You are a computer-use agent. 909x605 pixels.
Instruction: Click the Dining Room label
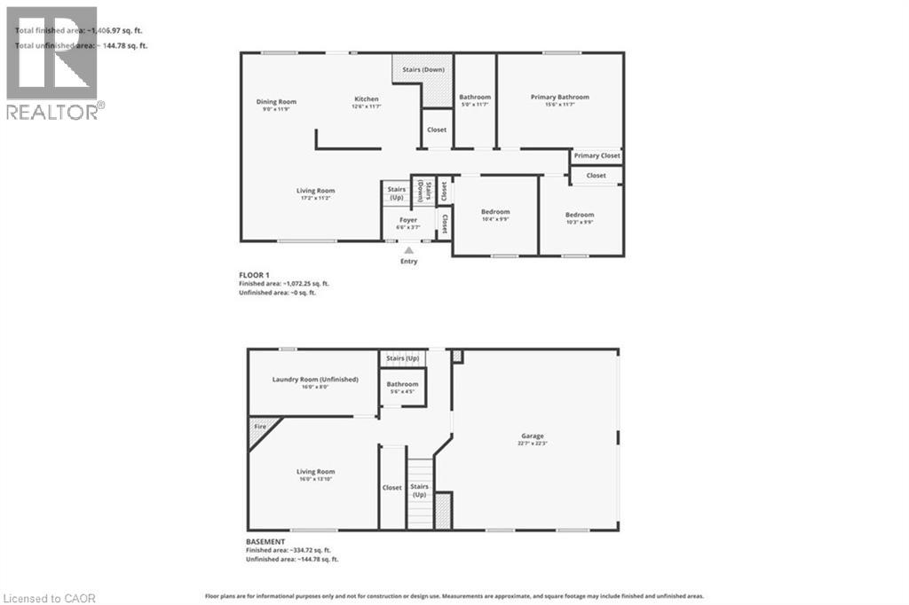[x=276, y=102]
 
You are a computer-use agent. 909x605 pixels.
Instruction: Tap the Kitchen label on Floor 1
[x=367, y=99]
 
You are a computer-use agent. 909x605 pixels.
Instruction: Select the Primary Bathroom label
[x=559, y=97]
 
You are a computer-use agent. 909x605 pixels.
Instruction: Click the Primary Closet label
[x=597, y=156]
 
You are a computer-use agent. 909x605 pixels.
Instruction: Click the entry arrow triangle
[x=409, y=250]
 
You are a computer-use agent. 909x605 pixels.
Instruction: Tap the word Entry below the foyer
[x=409, y=262]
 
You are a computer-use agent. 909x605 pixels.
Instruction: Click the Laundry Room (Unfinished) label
[x=315, y=379]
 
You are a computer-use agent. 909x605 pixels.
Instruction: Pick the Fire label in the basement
[x=260, y=427]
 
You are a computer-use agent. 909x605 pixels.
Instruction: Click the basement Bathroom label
[x=402, y=384]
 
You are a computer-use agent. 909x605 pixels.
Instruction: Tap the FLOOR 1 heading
[x=260, y=276]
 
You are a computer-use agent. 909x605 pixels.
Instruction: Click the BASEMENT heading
[x=265, y=541]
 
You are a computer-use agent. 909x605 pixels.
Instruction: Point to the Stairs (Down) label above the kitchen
[x=421, y=69]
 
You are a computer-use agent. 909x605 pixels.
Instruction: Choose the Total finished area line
[x=79, y=31]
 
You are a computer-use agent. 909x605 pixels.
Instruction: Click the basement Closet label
[x=392, y=487]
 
